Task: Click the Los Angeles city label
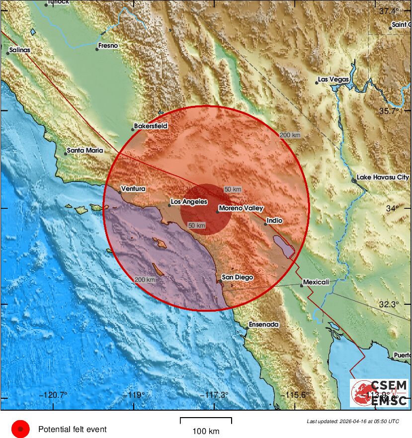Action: [189, 202]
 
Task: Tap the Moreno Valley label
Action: [241, 208]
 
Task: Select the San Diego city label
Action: [238, 277]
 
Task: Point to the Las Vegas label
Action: [333, 80]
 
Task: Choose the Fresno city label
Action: [108, 46]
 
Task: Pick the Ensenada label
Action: [264, 324]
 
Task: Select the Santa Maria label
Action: [85, 150]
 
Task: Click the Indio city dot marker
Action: [265, 224]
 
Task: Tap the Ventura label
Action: [133, 188]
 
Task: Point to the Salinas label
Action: [19, 50]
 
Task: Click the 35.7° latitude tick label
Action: [390, 111]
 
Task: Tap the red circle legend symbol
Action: [20, 429]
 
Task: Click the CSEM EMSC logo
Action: [379, 393]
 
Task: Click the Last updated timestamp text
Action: [352, 421]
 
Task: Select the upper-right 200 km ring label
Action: [290, 135]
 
